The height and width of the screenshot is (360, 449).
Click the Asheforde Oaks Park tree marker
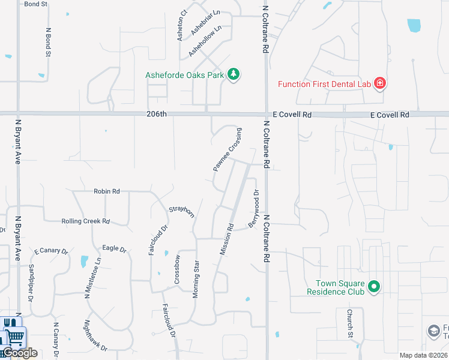[x=234, y=74]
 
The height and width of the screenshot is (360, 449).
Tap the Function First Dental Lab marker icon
[x=379, y=83]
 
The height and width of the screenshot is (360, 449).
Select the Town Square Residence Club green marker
[x=374, y=287]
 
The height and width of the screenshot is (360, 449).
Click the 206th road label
[x=155, y=114]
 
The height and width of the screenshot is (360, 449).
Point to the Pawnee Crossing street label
[x=228, y=150]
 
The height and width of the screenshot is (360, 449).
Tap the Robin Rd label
[x=107, y=191]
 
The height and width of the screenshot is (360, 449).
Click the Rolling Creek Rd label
[x=86, y=221]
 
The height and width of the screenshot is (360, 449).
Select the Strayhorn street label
[x=181, y=212]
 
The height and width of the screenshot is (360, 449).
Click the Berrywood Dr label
[x=254, y=209]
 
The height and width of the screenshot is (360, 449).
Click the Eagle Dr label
[x=115, y=249]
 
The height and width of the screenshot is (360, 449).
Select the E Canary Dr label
[x=52, y=250]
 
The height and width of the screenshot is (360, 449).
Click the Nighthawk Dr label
[x=95, y=339]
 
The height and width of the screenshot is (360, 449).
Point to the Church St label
[x=349, y=324]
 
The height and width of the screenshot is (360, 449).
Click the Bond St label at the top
[x=36, y=4]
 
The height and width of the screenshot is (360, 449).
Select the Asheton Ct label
[x=182, y=25]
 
